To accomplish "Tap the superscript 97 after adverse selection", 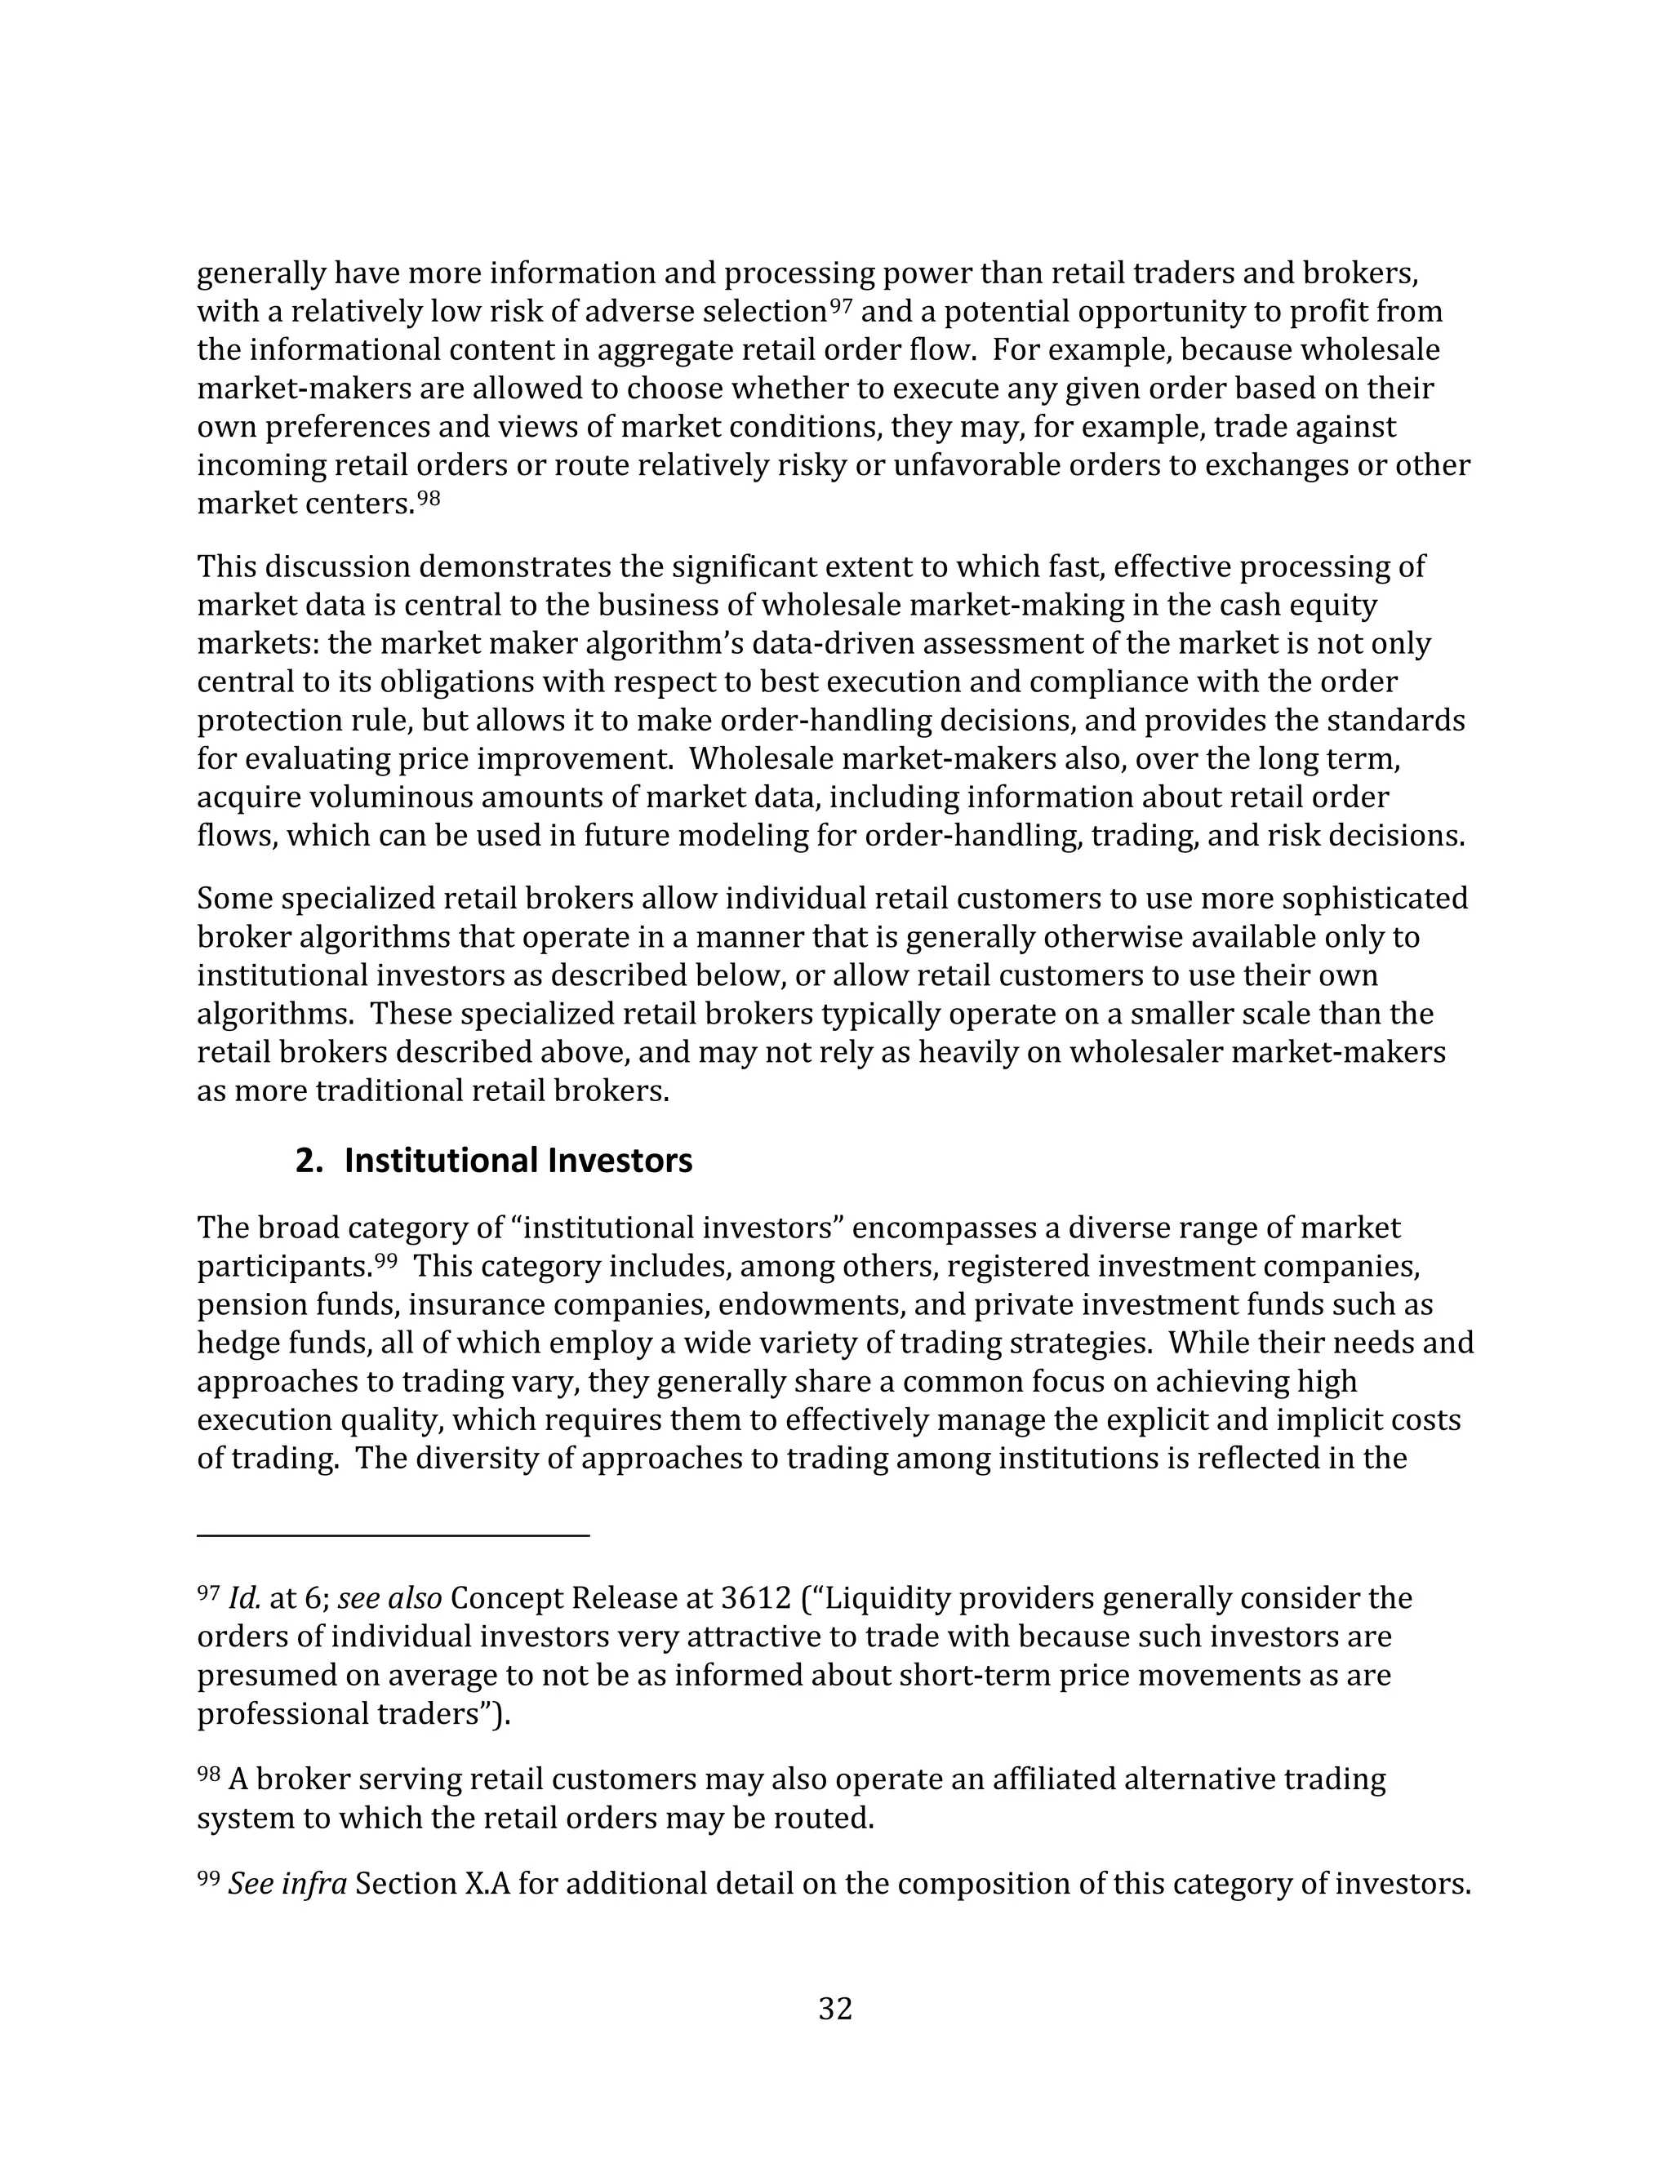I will [841, 306].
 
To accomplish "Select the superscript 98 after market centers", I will [428, 498].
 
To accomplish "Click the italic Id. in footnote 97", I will [243, 1597].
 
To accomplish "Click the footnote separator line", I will [394, 1535].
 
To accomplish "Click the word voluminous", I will [396, 797].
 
